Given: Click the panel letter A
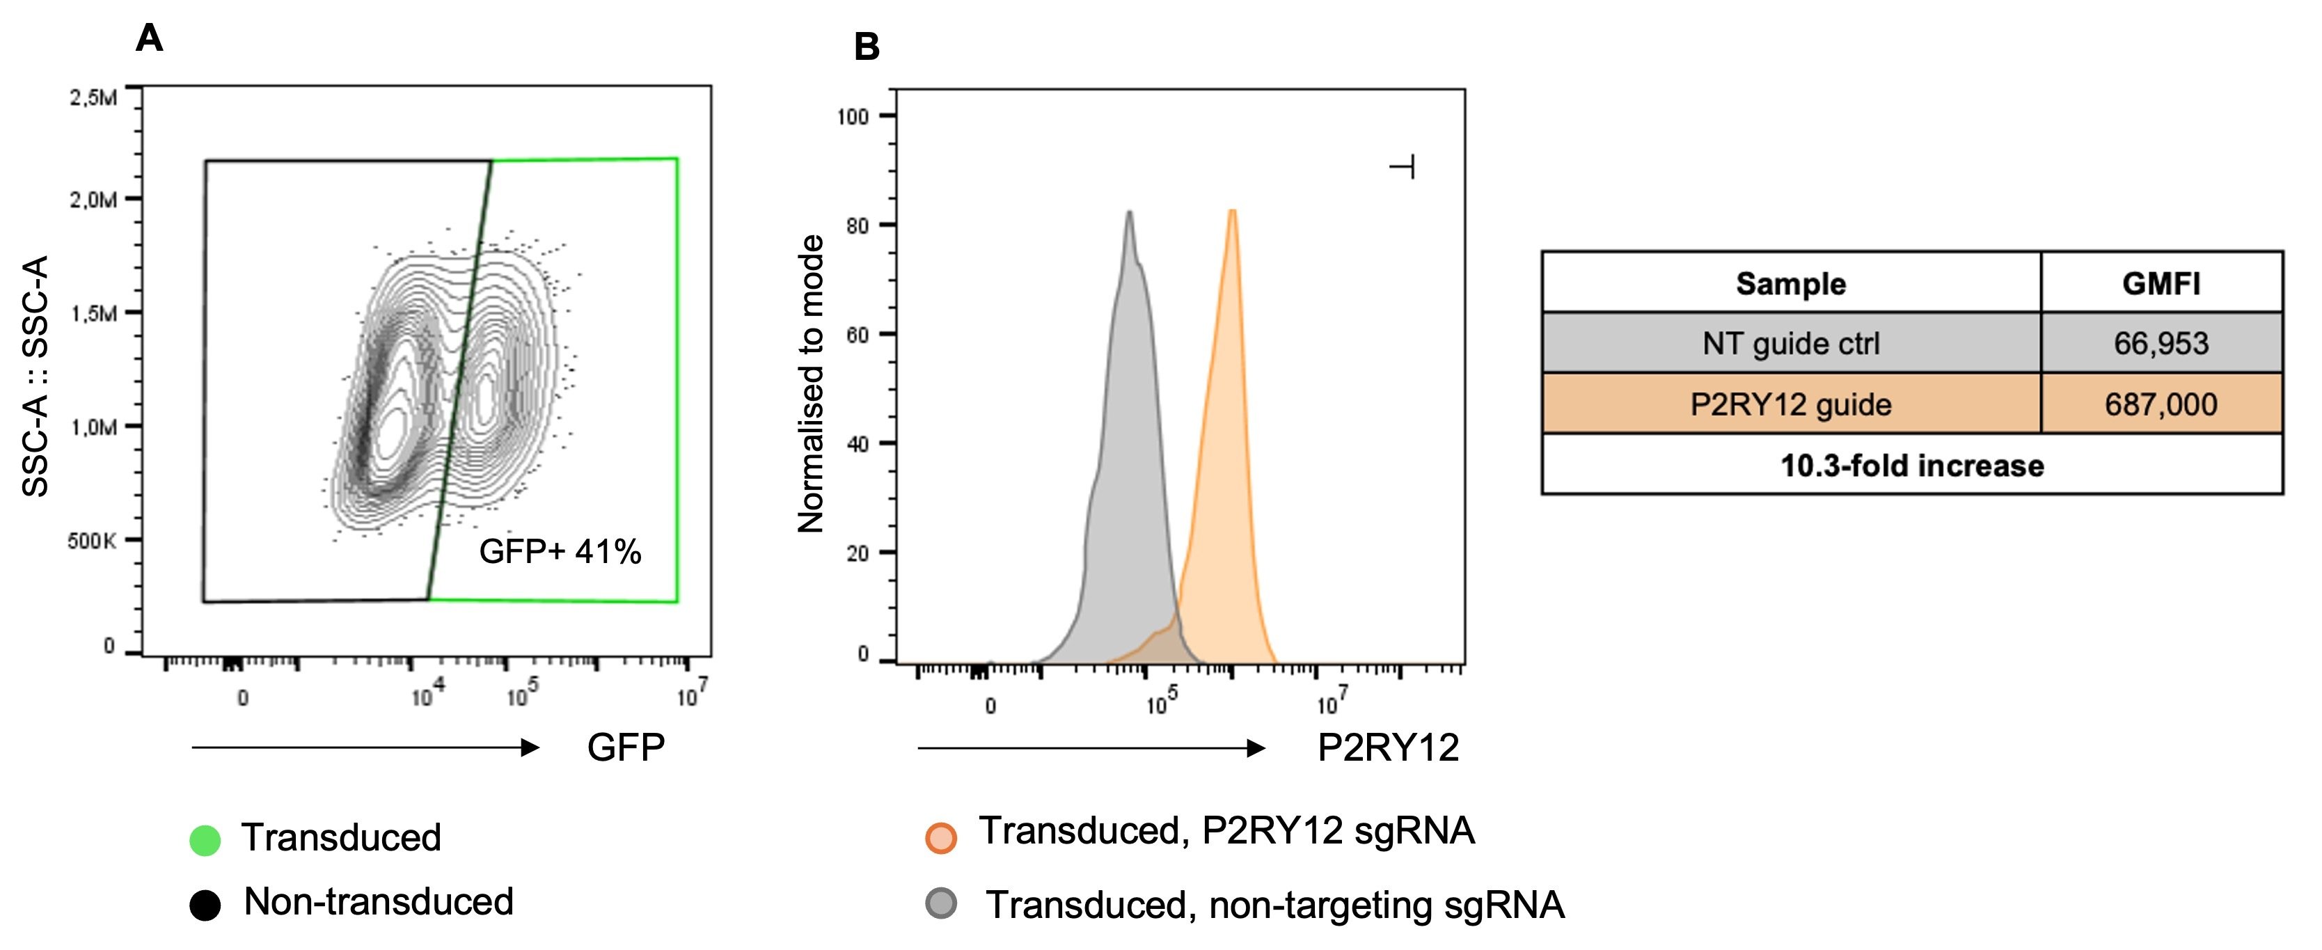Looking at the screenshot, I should click(x=149, y=39).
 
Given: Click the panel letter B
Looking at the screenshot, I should click(x=867, y=47).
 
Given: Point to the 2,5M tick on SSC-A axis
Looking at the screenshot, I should click(x=94, y=97).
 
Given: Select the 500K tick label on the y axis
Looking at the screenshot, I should click(x=92, y=541).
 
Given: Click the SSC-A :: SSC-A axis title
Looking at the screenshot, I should click(x=35, y=376).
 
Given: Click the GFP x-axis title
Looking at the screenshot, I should click(x=626, y=747).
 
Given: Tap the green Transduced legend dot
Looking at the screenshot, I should click(x=205, y=840).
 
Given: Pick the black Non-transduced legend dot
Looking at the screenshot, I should click(x=205, y=905).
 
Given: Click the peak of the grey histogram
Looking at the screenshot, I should click(x=1128, y=214).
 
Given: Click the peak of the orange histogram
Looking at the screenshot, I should click(x=1232, y=213).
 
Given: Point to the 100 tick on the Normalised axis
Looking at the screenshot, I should click(x=853, y=117).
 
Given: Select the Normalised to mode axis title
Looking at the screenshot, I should click(x=812, y=385).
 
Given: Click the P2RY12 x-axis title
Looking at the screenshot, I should click(x=1388, y=748).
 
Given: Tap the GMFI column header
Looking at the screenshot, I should click(x=2161, y=284).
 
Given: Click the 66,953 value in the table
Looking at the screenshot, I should click(x=2161, y=343).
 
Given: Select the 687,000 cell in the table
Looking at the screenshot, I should click(x=2161, y=404).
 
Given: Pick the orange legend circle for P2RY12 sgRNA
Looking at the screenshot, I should click(x=940, y=837).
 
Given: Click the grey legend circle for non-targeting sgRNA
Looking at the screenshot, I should click(x=941, y=903).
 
